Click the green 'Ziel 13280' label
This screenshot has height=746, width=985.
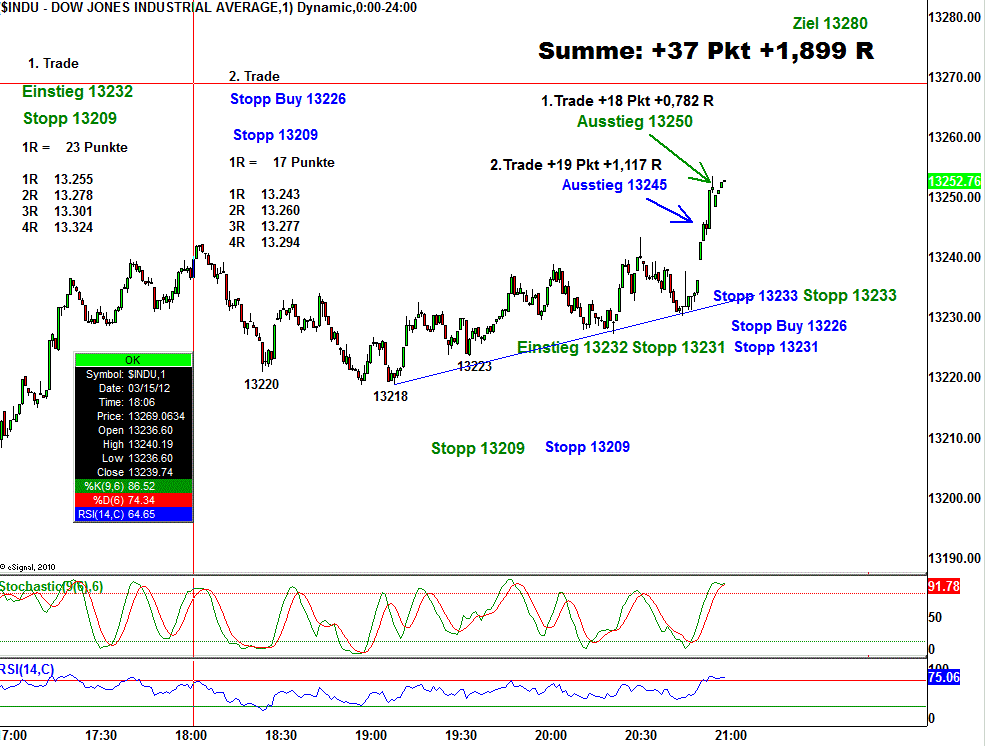pyautogui.click(x=829, y=23)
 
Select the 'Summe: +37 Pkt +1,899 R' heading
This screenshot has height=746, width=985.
pyautogui.click(x=706, y=51)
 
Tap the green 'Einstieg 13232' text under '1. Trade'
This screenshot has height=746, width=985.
pyautogui.click(x=78, y=92)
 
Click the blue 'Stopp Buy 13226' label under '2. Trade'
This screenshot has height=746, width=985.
pyautogui.click(x=288, y=99)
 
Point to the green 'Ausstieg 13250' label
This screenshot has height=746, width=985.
pyautogui.click(x=635, y=122)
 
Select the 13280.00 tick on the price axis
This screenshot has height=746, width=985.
pyautogui.click(x=953, y=18)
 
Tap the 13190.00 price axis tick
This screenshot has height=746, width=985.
pyautogui.click(x=953, y=558)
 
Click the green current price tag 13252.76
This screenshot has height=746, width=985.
pyautogui.click(x=953, y=182)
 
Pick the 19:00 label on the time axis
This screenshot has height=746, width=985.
pyautogui.click(x=371, y=735)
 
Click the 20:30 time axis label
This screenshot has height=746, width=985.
pyautogui.click(x=640, y=735)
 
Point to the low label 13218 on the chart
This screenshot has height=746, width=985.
pyautogui.click(x=390, y=396)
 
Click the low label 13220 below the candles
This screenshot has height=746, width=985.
pyautogui.click(x=261, y=383)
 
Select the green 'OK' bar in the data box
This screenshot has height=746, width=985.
pyautogui.click(x=133, y=359)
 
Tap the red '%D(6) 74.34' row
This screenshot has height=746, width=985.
pyautogui.click(x=133, y=500)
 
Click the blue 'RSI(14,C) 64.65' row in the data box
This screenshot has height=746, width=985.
pyautogui.click(x=133, y=514)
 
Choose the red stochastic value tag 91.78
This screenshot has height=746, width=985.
pyautogui.click(x=944, y=586)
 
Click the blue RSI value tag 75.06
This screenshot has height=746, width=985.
pyautogui.click(x=944, y=677)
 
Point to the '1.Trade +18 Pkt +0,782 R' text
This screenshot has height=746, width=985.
pyautogui.click(x=627, y=100)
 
